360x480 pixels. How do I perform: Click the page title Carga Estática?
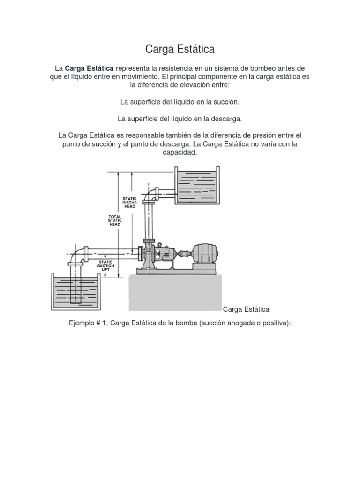(x=180, y=49)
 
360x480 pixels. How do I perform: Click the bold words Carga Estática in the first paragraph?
(x=89, y=69)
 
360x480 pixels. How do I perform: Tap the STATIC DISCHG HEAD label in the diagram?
(x=129, y=202)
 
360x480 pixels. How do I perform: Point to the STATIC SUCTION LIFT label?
(x=105, y=265)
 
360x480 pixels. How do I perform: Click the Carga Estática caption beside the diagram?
(x=246, y=309)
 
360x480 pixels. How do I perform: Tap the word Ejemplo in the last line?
(x=82, y=323)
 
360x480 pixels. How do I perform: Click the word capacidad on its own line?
(x=180, y=153)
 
